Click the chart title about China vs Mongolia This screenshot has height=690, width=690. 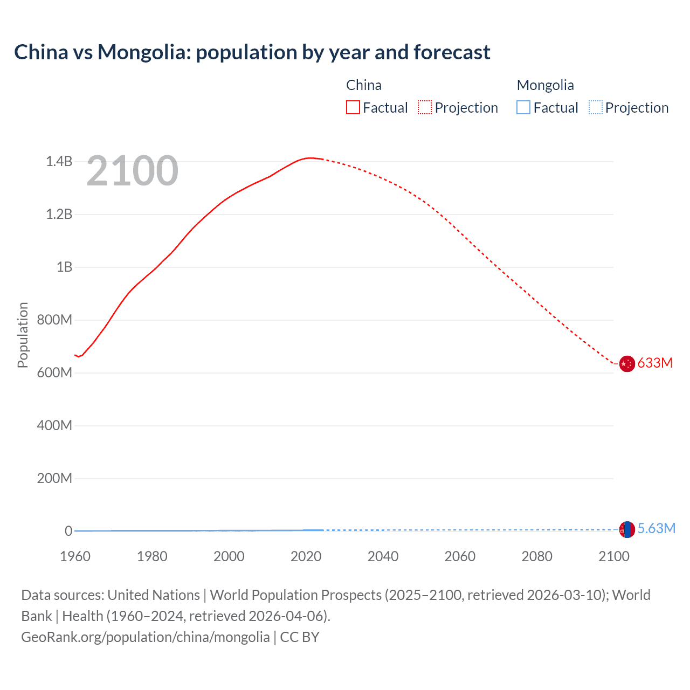252,52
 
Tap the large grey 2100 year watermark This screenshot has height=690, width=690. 132,171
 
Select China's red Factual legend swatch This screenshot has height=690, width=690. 353,107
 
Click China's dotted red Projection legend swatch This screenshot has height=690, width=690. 425,107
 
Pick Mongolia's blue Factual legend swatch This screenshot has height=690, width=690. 523,107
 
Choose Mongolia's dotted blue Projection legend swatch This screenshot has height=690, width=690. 595,107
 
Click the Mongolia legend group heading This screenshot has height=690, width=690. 545,85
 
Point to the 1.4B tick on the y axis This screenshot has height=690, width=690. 59,161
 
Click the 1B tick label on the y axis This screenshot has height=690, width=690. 64,267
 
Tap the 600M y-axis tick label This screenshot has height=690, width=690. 54,372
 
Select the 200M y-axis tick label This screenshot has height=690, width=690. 54,478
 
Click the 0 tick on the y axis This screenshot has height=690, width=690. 68,531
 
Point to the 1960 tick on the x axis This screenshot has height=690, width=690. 75,556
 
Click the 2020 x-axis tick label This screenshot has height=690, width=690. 306,556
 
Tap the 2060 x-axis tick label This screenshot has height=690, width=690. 460,556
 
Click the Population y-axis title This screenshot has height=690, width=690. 23,335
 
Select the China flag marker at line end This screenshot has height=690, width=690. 627,364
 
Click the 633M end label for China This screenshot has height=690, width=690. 655,363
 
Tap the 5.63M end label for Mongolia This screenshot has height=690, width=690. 656,528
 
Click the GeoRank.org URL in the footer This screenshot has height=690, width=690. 146,637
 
